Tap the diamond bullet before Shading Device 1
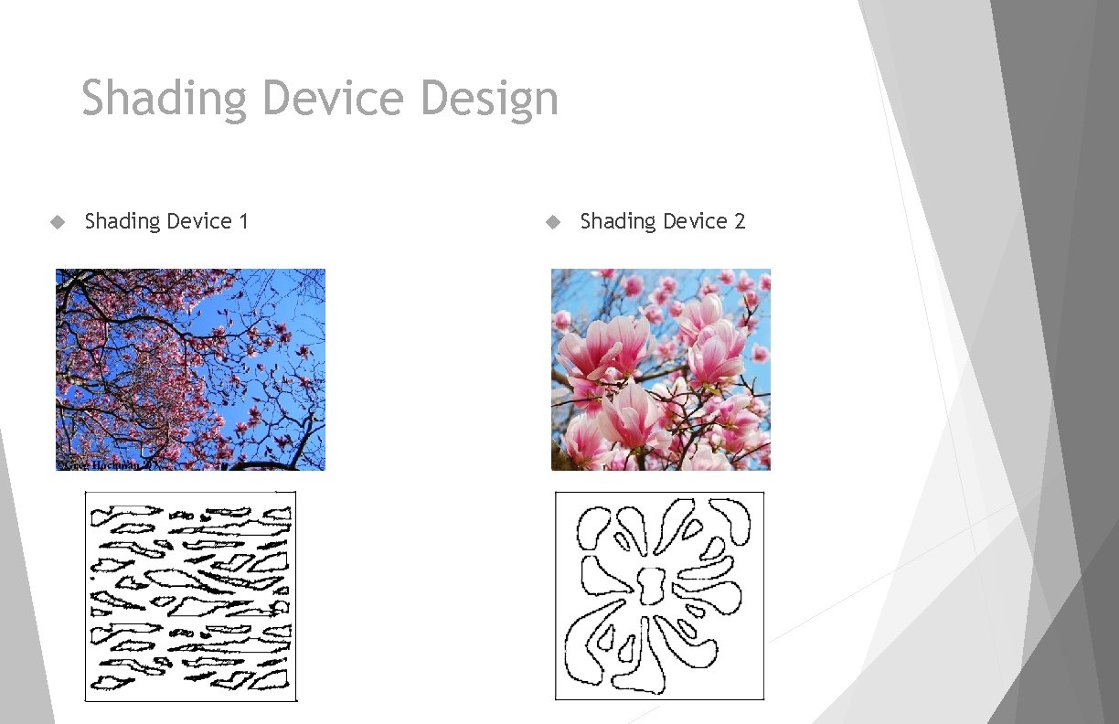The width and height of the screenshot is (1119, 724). tap(58, 221)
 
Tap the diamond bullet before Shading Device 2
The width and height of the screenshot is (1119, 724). tap(552, 221)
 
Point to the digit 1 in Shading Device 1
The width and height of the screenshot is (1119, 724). tap(243, 221)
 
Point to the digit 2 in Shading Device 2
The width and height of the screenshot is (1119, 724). tap(739, 221)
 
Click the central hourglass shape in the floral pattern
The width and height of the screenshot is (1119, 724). tap(653, 585)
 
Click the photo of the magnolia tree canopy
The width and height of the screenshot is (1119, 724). tap(190, 369)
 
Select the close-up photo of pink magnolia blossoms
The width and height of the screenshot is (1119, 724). tap(660, 369)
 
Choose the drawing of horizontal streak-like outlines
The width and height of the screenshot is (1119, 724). tap(190, 596)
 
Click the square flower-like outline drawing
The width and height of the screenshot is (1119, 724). tap(659, 596)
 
